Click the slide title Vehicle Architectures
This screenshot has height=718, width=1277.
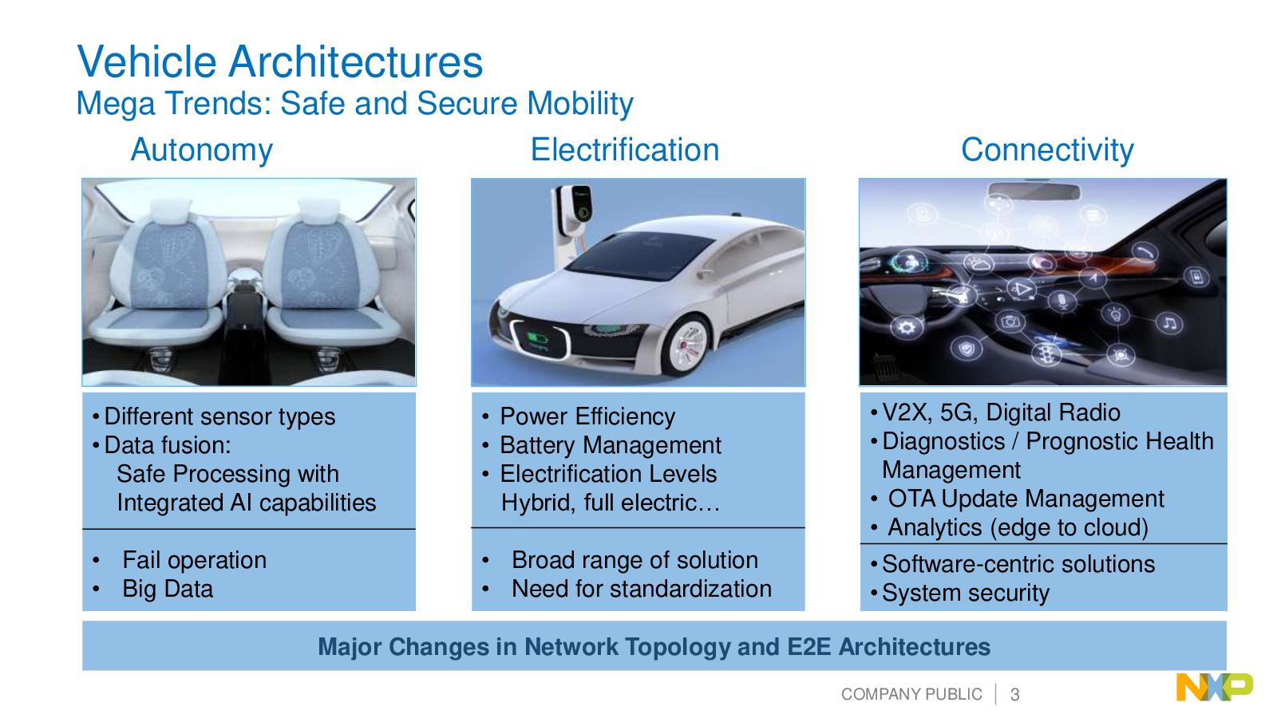(280, 61)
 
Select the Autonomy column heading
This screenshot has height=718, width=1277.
(202, 151)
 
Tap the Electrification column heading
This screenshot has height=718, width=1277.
(625, 150)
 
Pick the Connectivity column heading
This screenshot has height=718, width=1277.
(1047, 151)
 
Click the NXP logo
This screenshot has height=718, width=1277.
(1215, 687)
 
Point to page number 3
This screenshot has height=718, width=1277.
(1014, 695)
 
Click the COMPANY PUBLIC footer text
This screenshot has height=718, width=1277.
(911, 694)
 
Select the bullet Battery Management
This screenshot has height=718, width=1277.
(610, 446)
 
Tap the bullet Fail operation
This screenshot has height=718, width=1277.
(195, 561)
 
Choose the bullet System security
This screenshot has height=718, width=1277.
(965, 594)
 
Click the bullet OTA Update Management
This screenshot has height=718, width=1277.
(1026, 499)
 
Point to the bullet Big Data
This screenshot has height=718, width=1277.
(168, 590)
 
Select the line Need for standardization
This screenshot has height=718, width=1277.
(642, 589)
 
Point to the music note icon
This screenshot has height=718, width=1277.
(1169, 324)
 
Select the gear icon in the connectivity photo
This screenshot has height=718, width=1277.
(906, 328)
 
